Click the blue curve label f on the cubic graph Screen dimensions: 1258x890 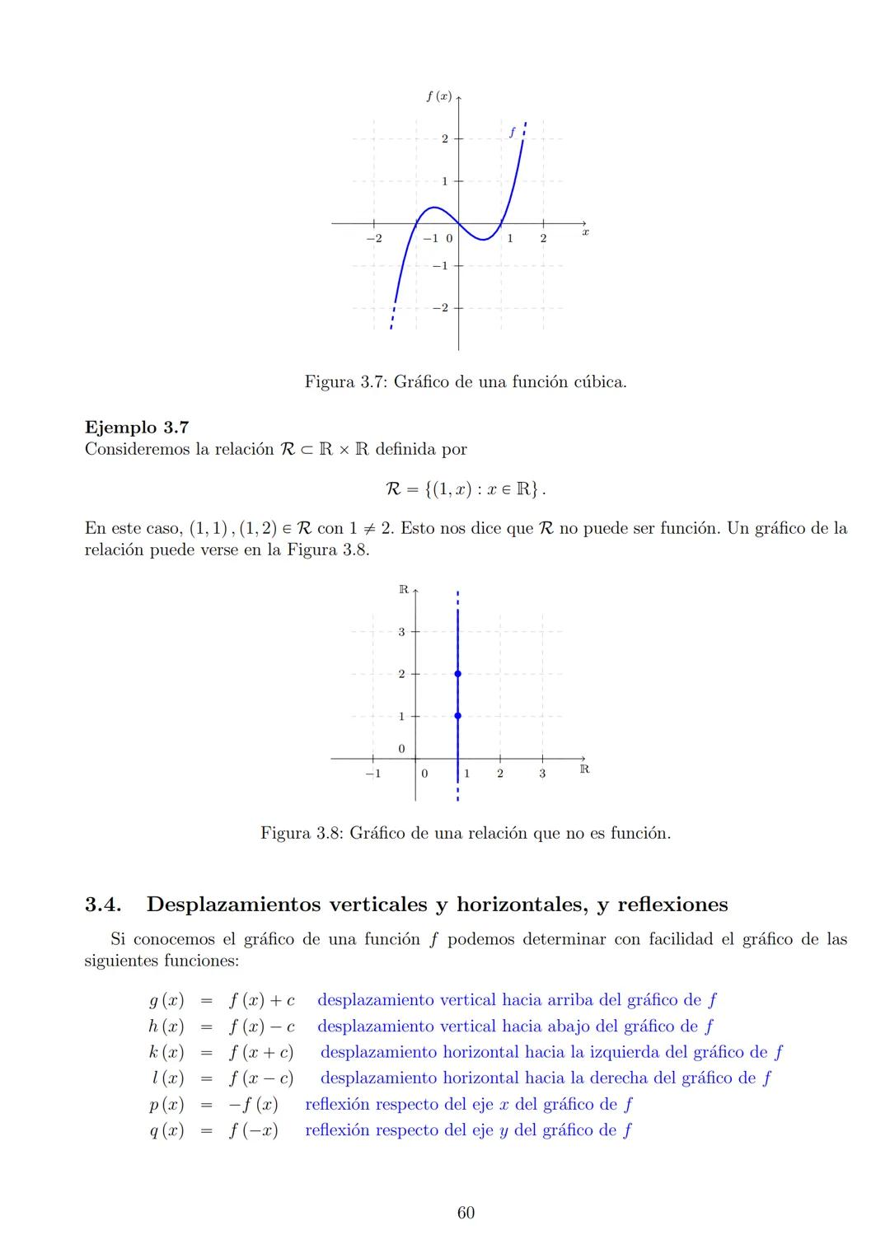point(512,131)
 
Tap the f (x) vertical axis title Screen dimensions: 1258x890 point(438,96)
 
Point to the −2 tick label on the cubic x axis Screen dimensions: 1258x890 point(373,238)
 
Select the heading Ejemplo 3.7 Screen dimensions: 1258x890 point(137,427)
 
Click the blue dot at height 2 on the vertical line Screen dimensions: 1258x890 point(457,674)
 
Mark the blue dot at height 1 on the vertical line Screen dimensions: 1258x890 point(457,716)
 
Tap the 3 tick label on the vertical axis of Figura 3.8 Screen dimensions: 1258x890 point(401,632)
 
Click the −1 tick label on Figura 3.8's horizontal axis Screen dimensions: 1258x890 point(372,774)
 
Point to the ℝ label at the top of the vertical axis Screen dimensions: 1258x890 point(403,589)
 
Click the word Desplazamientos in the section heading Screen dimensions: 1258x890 point(233,905)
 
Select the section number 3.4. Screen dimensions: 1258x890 point(104,905)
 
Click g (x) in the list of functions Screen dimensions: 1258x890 point(166,1000)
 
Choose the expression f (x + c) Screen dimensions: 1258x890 point(261,1052)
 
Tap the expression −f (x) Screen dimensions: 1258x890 point(253,1104)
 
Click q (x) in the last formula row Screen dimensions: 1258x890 point(166,1130)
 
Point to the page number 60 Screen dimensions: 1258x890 point(466,1213)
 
